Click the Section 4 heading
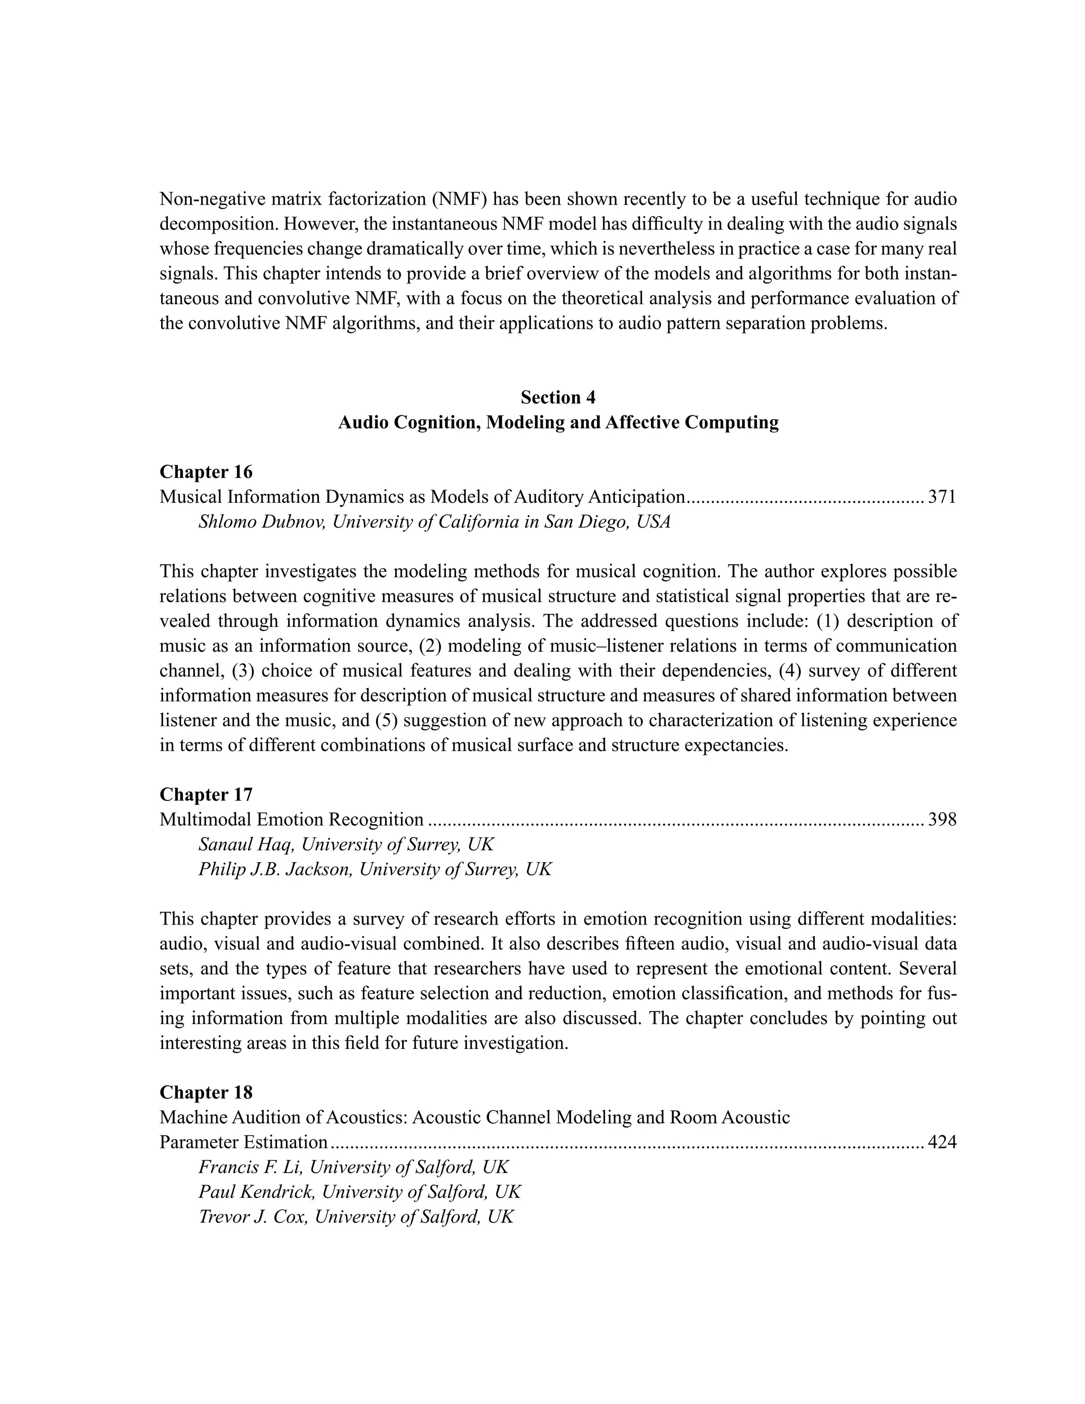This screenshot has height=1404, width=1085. pyautogui.click(x=557, y=398)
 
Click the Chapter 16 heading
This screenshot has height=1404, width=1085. pyautogui.click(x=206, y=472)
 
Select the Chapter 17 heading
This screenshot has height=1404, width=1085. pyautogui.click(x=206, y=795)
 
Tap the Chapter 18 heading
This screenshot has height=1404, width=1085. pyautogui.click(x=206, y=1092)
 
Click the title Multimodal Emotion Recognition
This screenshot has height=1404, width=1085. pyautogui.click(x=291, y=820)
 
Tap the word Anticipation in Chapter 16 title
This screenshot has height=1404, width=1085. pyautogui.click(x=636, y=497)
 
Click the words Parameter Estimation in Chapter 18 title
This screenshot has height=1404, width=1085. pyautogui.click(x=244, y=1142)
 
